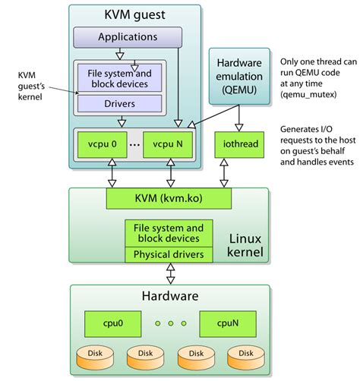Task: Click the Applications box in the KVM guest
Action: pyautogui.click(x=128, y=36)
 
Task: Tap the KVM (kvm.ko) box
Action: pyautogui.click(x=168, y=199)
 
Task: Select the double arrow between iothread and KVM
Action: pyautogui.click(x=225, y=173)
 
